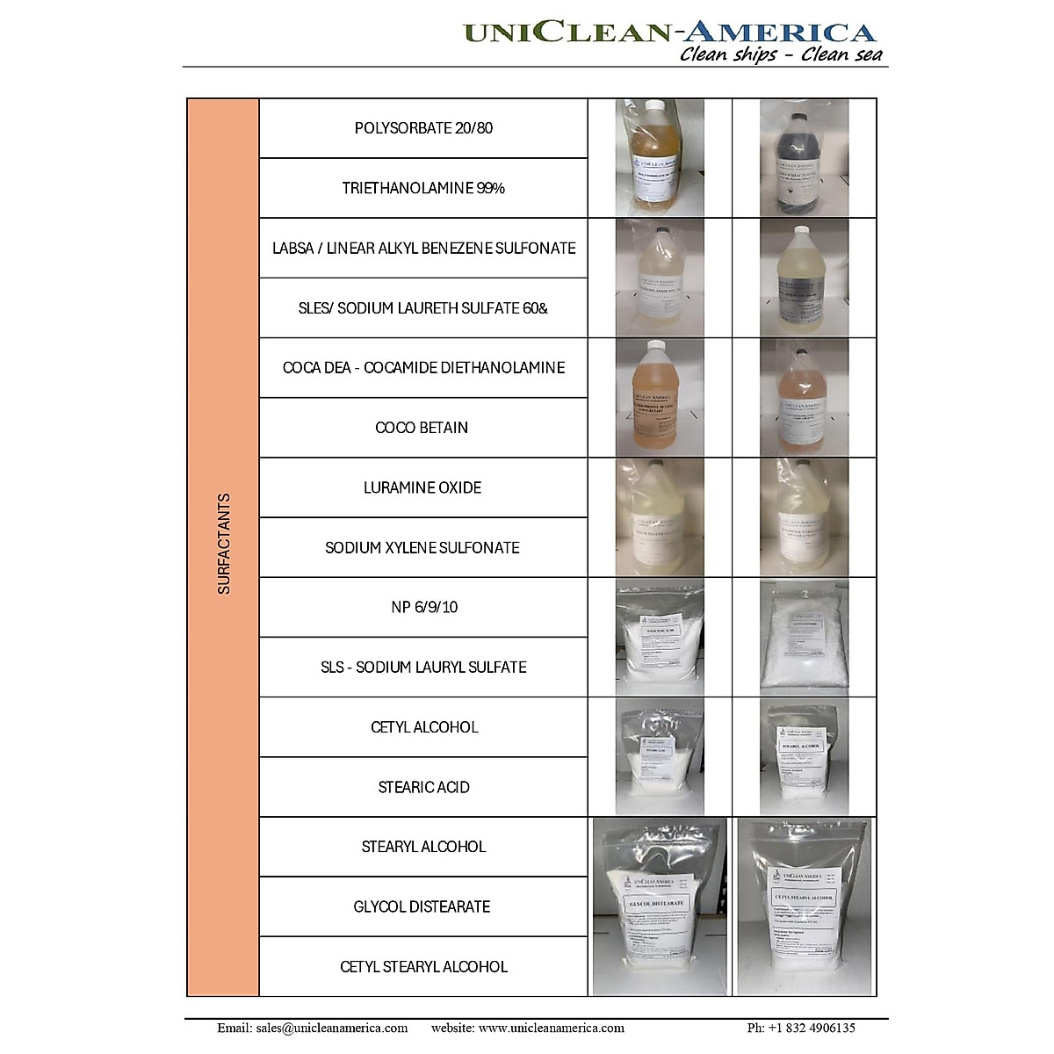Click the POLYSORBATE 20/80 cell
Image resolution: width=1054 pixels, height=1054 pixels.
[x=423, y=128]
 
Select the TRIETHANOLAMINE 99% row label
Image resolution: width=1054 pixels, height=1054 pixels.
[x=423, y=188]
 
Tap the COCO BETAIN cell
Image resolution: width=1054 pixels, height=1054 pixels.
[x=422, y=428]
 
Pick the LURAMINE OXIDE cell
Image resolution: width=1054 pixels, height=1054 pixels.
[x=422, y=487]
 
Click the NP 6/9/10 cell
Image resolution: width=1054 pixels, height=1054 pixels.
[x=424, y=607]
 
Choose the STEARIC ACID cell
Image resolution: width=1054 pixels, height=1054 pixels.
[x=423, y=787]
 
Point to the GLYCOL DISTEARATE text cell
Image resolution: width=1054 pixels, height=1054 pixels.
[x=422, y=906]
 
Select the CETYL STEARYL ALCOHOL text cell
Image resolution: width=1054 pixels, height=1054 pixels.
[x=423, y=966]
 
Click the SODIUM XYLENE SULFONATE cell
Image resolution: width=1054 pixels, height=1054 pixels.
[x=422, y=547]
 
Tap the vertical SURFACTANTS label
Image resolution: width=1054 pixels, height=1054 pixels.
[x=224, y=545]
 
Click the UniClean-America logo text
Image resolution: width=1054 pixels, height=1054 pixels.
[x=669, y=32]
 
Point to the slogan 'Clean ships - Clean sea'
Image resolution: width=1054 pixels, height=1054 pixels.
[x=781, y=55]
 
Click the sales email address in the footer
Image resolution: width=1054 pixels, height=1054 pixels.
[x=313, y=1028]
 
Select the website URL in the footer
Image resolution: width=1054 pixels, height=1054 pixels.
[x=528, y=1028]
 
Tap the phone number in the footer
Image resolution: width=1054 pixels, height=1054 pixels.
[x=801, y=1028]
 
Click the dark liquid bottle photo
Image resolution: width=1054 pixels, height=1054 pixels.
[x=804, y=157]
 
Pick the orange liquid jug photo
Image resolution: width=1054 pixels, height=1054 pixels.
[x=660, y=397]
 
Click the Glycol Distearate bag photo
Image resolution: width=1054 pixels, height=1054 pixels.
[x=660, y=906]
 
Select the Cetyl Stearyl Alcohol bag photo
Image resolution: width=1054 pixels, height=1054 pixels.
[x=804, y=906]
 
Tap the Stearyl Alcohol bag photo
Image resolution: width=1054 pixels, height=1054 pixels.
[x=804, y=756]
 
